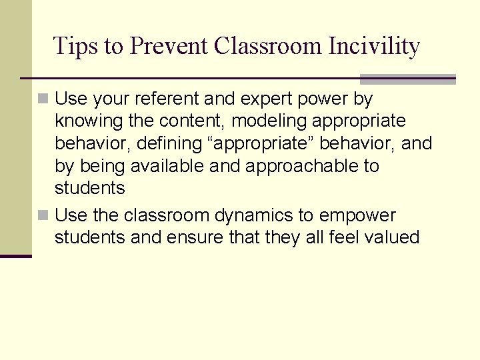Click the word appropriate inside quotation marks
(256, 143)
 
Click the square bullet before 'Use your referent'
(43, 99)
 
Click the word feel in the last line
(344, 237)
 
